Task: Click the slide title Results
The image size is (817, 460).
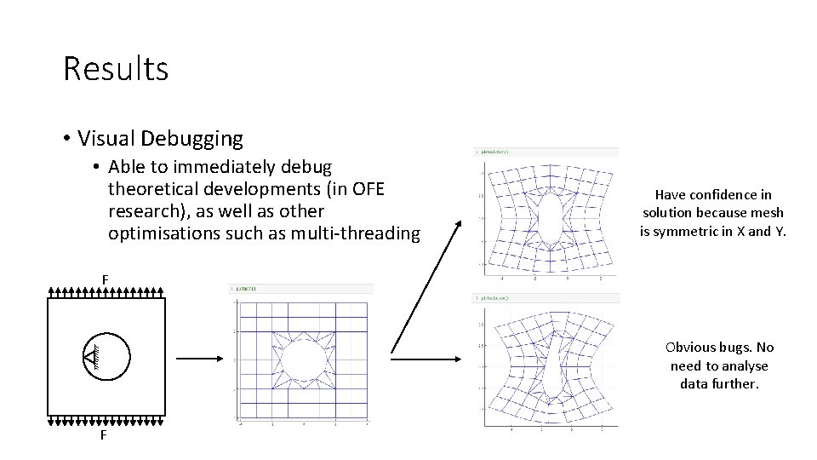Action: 116,69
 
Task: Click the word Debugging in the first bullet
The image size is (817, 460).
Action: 202,138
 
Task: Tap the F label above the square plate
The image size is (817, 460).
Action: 106,279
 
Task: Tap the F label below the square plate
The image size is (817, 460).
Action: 103,435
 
